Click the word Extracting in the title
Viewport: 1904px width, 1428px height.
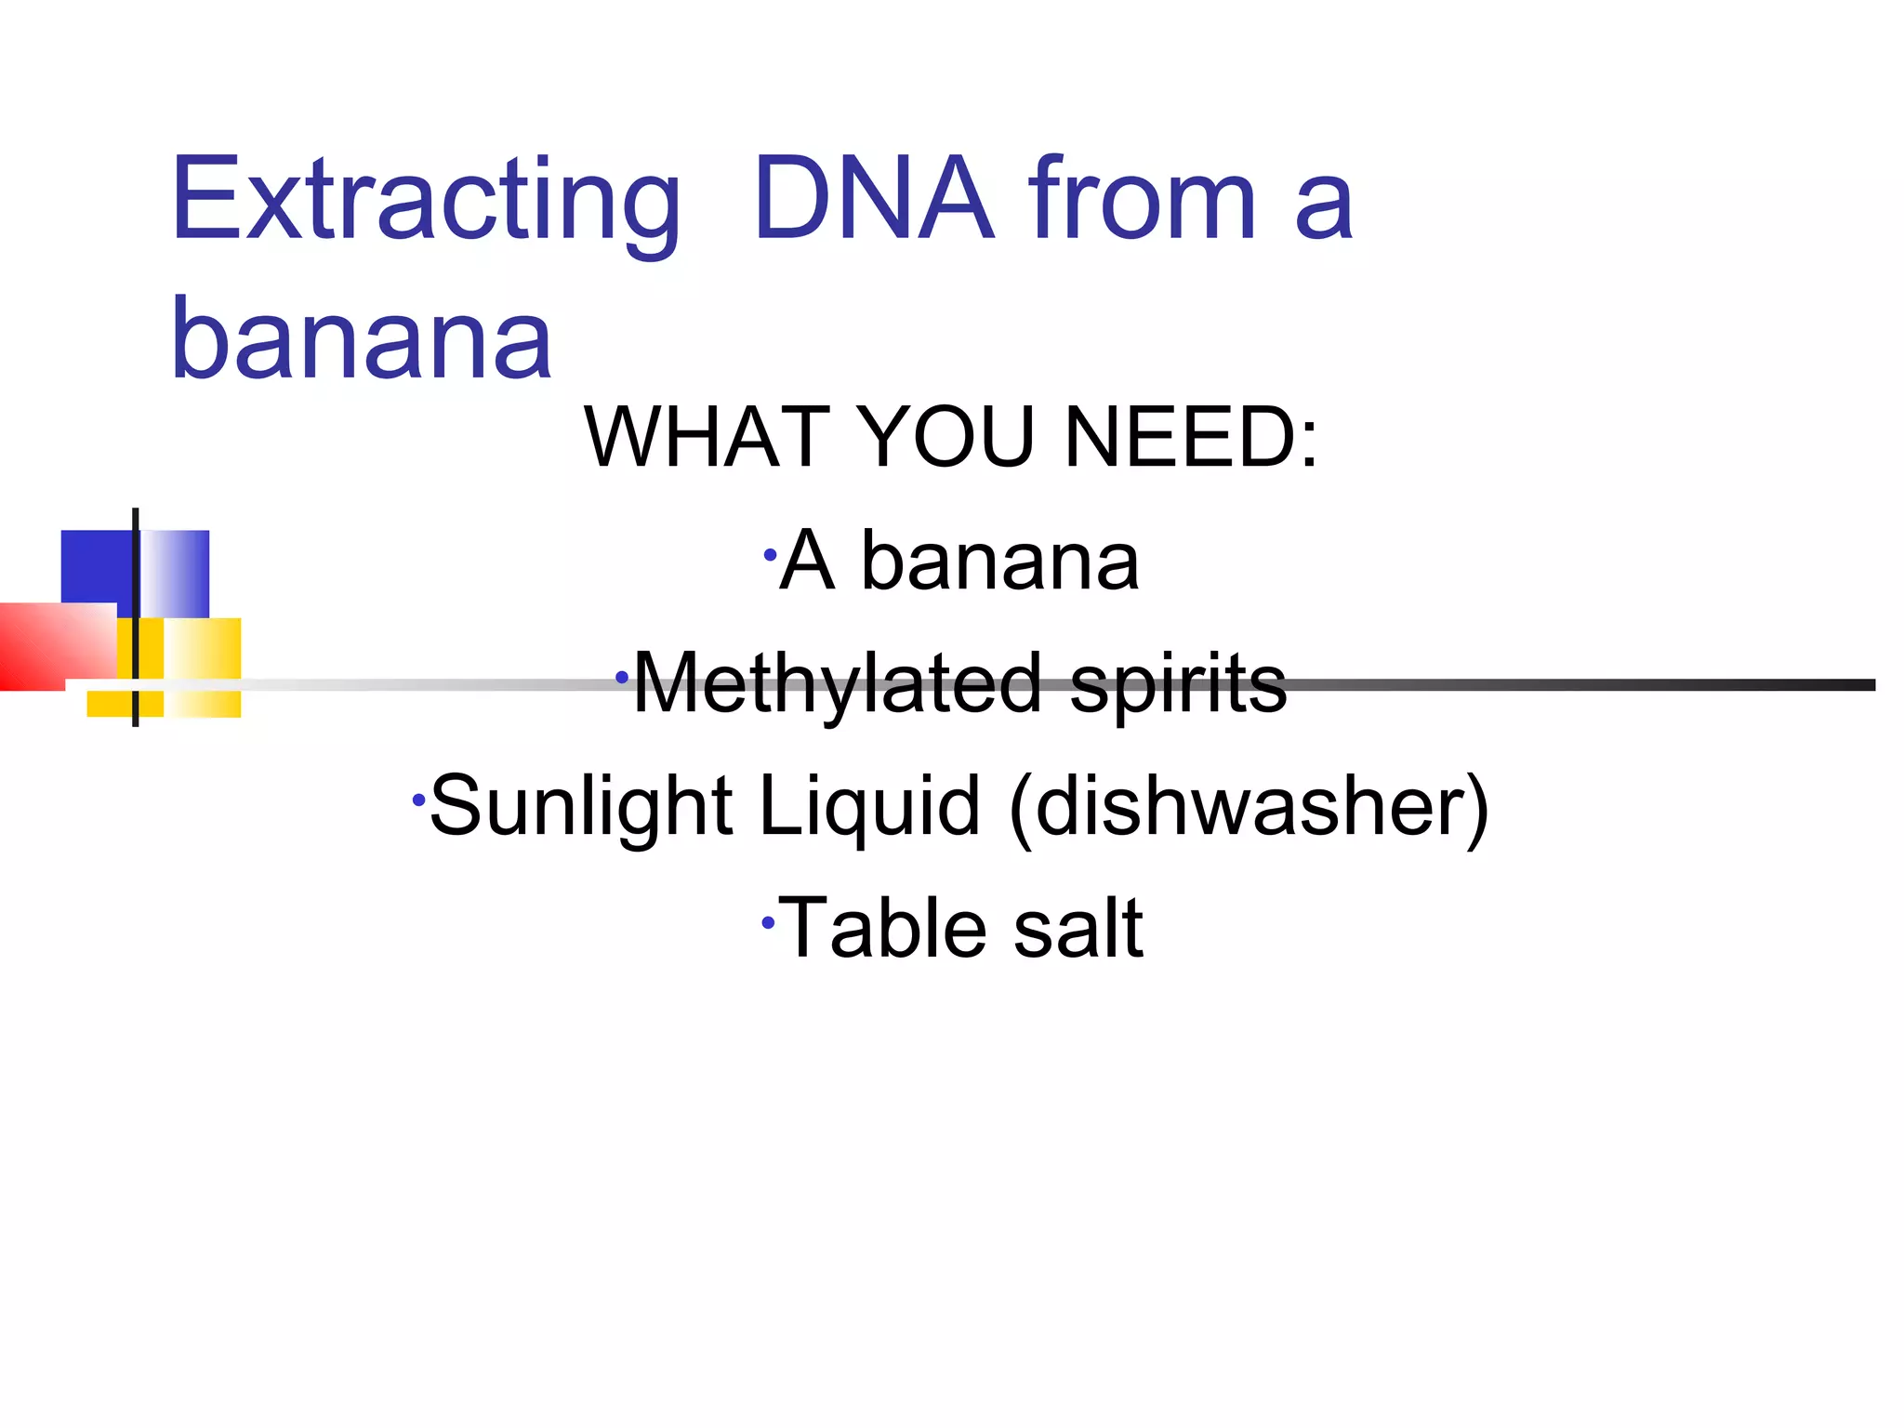click(426, 200)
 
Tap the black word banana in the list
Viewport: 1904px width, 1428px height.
click(999, 562)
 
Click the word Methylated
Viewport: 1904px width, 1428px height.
click(837, 684)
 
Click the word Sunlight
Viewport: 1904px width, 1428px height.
click(581, 806)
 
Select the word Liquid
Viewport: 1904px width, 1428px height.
click(869, 806)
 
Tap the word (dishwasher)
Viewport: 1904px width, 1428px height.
click(1249, 808)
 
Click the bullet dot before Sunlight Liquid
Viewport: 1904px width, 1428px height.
click(418, 800)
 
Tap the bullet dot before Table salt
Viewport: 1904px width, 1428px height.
click(768, 923)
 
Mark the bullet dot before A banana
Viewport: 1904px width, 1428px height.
click(770, 556)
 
